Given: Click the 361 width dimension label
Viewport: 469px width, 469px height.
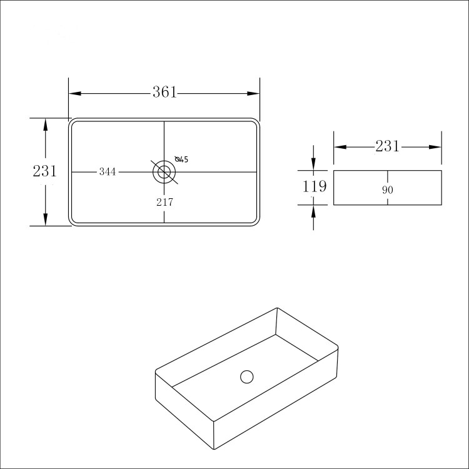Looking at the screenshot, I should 164,93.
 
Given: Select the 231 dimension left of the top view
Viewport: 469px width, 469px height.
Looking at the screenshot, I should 44,171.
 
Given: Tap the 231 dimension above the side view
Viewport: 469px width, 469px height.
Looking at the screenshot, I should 387,146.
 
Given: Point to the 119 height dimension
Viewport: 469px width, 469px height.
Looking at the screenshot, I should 315,186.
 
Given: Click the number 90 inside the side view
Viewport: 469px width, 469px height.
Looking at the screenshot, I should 387,189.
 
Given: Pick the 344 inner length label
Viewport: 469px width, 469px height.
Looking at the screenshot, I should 108,172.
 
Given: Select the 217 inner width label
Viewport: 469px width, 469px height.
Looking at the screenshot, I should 164,202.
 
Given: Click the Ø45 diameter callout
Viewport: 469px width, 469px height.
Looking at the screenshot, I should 181,159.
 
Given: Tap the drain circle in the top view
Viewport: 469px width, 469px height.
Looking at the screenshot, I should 164,171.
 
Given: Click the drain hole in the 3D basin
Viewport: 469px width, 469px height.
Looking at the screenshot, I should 247,377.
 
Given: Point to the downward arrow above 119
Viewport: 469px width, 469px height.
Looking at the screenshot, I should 314,163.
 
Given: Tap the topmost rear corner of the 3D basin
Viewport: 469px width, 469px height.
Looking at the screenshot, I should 277,308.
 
